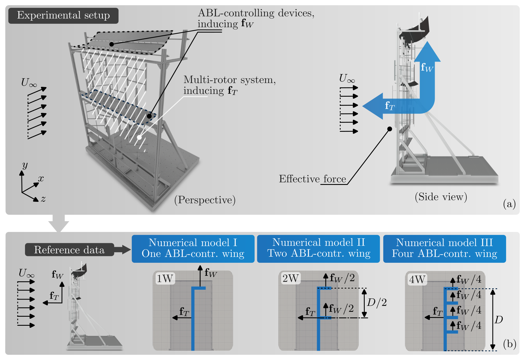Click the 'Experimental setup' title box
click(x=63, y=15)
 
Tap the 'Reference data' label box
click(x=69, y=250)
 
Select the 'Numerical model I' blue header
click(x=193, y=249)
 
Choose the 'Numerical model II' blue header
click(x=319, y=249)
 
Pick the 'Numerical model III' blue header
click(x=444, y=249)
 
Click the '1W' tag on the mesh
click(x=165, y=279)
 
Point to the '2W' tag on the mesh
click(x=290, y=278)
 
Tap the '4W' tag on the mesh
click(x=417, y=280)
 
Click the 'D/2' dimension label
click(x=377, y=303)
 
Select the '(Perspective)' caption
click(x=205, y=200)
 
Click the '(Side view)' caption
click(x=441, y=197)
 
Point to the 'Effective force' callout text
click(x=312, y=179)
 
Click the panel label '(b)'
click(x=510, y=344)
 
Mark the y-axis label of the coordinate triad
click(x=25, y=165)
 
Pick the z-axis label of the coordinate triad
click(x=43, y=199)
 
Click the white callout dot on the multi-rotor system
click(x=139, y=137)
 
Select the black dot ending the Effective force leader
click(x=390, y=129)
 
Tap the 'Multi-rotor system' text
click(x=229, y=80)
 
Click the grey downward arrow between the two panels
click(x=59, y=224)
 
